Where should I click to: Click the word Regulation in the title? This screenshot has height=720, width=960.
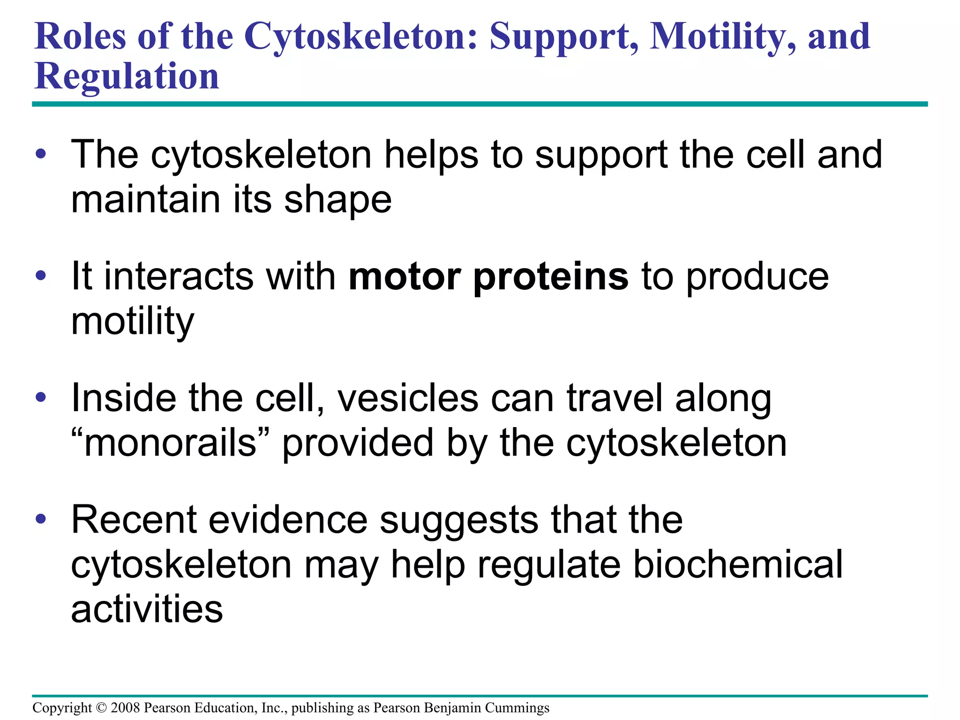[127, 76]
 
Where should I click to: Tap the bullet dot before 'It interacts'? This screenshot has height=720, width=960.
[41, 276]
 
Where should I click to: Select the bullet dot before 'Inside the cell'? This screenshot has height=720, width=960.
[41, 397]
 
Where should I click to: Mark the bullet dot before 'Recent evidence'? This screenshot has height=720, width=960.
[41, 519]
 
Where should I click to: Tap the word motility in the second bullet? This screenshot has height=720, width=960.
[132, 322]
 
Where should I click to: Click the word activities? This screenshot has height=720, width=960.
[147, 609]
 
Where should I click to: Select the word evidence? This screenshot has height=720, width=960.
[288, 520]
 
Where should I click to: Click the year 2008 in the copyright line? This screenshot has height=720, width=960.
[125, 708]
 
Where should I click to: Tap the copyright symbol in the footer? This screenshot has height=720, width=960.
[101, 708]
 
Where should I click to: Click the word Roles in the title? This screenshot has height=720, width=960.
[80, 37]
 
